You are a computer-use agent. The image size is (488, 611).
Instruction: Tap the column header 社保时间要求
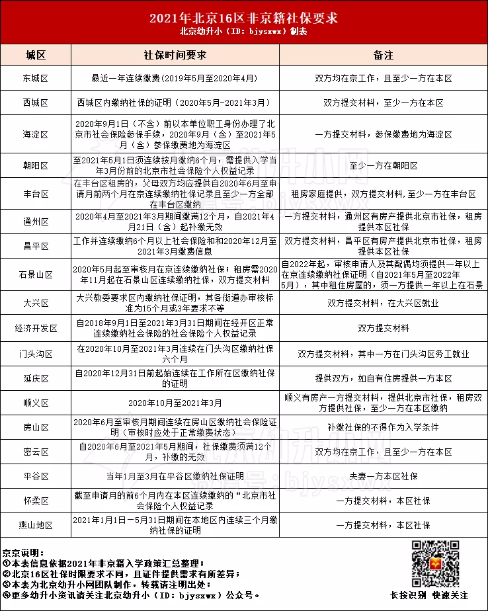click(x=175, y=54)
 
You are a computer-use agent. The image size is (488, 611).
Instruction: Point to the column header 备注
click(x=383, y=54)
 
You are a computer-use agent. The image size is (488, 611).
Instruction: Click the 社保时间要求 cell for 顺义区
click(x=175, y=403)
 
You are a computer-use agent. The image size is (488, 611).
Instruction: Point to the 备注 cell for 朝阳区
click(x=383, y=165)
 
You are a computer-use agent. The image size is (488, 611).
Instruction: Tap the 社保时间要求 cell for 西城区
click(x=175, y=103)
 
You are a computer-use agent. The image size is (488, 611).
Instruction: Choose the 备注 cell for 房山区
click(x=383, y=427)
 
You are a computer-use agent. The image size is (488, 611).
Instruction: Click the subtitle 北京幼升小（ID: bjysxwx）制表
click(x=243, y=32)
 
